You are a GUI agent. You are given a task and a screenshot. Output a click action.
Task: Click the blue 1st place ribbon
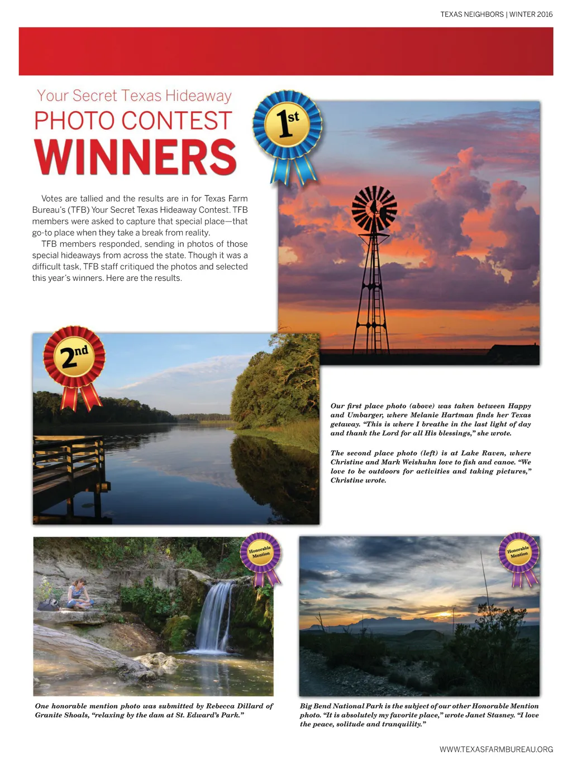(x=287, y=125)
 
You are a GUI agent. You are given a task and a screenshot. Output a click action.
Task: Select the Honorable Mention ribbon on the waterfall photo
(x=261, y=553)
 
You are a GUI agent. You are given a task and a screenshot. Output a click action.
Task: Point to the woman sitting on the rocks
(x=77, y=595)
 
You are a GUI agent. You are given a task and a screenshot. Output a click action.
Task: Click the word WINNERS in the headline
(x=136, y=157)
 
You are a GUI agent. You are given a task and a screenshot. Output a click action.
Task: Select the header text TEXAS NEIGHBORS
(x=471, y=15)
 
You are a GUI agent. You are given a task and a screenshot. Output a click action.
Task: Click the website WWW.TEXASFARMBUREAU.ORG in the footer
(x=496, y=749)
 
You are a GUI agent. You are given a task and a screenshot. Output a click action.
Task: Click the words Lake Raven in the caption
(x=484, y=453)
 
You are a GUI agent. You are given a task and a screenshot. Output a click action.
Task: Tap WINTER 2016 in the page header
(x=531, y=15)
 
